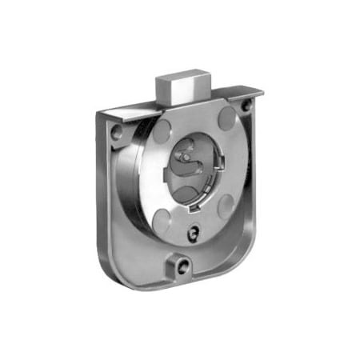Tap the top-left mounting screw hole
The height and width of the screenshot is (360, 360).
point(118,133)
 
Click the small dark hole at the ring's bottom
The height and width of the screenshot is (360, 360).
point(192,232)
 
